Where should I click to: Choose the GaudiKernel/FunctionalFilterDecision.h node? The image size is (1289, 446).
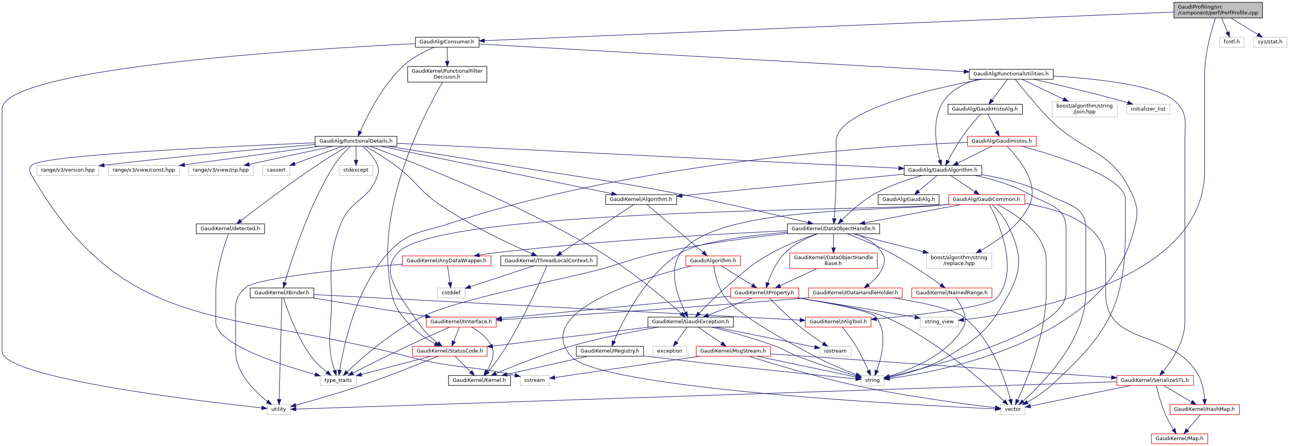click(447, 74)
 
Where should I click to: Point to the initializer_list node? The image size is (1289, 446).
click(1148, 109)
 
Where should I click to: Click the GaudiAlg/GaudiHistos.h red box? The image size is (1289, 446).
click(1001, 141)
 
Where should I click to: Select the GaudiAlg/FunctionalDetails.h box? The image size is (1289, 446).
click(356, 141)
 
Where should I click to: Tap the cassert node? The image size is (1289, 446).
click(276, 170)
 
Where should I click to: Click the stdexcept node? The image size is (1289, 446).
click(355, 170)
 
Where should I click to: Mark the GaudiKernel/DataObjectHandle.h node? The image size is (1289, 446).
click(833, 229)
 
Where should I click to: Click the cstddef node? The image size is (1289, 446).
click(451, 293)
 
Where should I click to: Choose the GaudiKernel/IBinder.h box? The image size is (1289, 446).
click(282, 293)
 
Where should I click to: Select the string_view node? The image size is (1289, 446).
click(939, 322)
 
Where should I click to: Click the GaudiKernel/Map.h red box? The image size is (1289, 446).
click(1179, 439)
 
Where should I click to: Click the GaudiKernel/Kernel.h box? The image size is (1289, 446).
click(479, 380)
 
